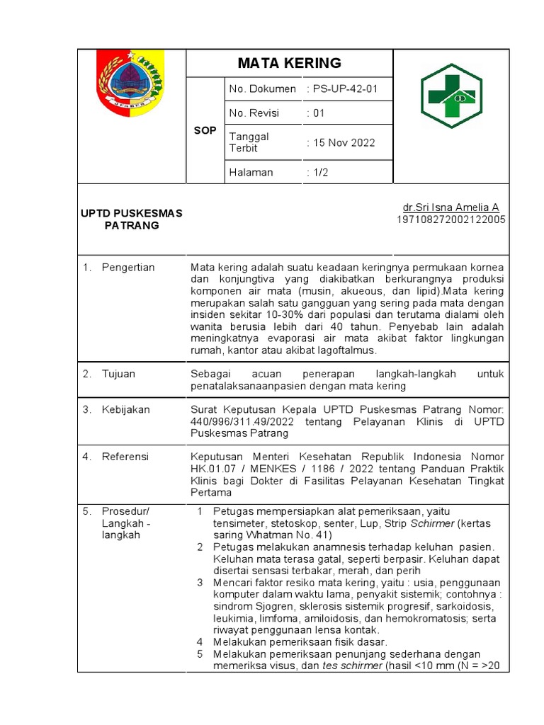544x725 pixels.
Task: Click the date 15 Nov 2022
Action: click(x=341, y=142)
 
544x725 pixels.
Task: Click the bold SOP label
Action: click(x=205, y=131)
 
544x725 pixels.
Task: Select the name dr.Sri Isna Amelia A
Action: click(x=450, y=207)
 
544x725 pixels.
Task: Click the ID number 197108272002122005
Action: click(x=450, y=219)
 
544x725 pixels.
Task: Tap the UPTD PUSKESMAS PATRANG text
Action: click(x=130, y=219)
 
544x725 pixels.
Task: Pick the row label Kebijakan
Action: click(x=125, y=409)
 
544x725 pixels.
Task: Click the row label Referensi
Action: click(x=125, y=457)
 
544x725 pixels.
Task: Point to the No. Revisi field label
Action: click(x=254, y=113)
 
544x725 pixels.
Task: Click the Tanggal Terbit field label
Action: click(x=249, y=142)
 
